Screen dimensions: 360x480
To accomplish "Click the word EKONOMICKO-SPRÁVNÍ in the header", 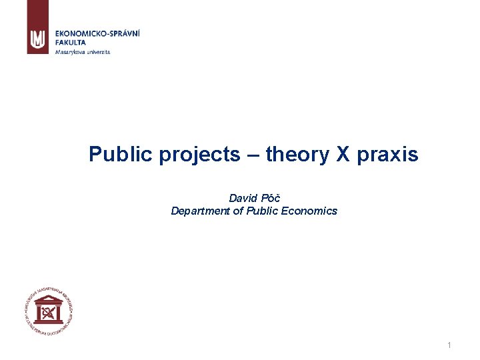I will coord(98,33).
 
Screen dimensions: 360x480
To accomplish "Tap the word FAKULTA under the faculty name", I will coord(71,42).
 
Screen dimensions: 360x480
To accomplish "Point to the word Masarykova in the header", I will coord(69,51).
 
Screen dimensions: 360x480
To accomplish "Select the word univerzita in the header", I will coord(97,51).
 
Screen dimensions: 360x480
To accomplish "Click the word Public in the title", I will coord(117,155).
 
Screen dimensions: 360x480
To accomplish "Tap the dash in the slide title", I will coord(253,155).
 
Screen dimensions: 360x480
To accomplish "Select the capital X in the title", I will coord(342,155).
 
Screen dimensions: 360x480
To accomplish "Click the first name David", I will coord(243,198).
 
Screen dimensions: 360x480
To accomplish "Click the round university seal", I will coord(47,309).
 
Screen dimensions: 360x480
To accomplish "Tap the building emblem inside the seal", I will coord(47,310).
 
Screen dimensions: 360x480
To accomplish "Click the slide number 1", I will coord(449,345).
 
